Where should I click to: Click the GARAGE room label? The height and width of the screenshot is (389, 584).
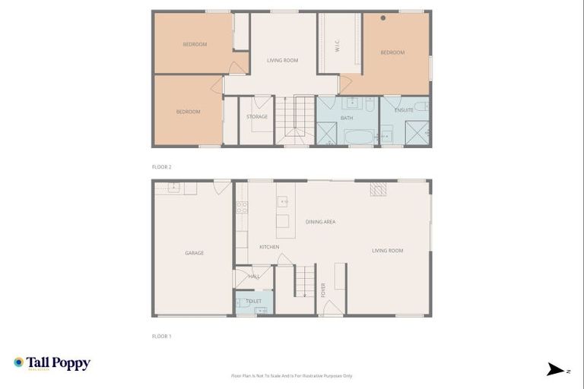point(194,253)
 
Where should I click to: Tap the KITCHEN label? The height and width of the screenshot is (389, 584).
point(269,247)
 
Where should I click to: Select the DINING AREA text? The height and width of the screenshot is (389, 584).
point(320,222)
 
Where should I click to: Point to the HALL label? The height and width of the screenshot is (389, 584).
point(254,277)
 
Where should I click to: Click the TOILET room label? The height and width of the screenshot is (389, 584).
point(254,302)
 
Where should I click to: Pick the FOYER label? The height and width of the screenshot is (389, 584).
point(323,289)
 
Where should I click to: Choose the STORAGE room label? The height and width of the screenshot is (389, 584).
point(257,117)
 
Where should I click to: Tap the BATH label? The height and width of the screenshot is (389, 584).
point(347,118)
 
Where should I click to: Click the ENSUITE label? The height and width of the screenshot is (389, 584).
point(404,110)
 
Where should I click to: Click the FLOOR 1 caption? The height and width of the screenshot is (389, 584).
point(161,336)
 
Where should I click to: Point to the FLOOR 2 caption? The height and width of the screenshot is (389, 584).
point(161,166)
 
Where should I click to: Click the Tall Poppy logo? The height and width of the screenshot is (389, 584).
point(52,363)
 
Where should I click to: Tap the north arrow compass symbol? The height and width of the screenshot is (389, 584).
point(557,370)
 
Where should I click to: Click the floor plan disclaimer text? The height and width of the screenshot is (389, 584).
point(292,375)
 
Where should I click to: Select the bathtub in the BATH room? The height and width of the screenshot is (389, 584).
point(359,137)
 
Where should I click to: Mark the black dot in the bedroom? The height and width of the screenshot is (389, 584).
point(383,17)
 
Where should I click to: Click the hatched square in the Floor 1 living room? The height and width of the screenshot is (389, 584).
point(378,189)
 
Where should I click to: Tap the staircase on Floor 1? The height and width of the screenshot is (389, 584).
point(305,280)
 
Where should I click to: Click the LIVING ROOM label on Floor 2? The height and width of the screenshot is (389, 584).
point(282,60)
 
